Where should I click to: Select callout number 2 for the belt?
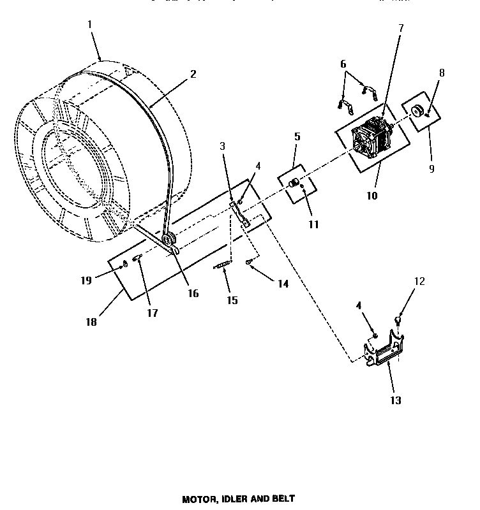point(193,73)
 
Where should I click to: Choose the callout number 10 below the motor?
point(371,196)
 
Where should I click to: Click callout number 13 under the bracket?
point(396,400)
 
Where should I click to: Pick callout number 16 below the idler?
point(192,293)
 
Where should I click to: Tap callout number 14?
point(281,284)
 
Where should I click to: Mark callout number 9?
point(431,169)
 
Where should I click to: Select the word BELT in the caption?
point(282,499)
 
